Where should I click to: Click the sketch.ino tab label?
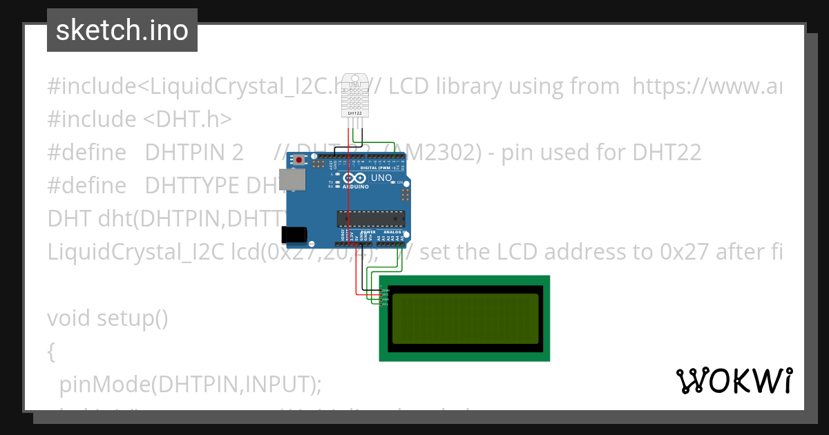click(x=122, y=30)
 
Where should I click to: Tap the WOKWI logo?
click(x=734, y=380)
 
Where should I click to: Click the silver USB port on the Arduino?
click(x=292, y=180)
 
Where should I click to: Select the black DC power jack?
click(x=295, y=234)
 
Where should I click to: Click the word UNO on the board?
click(x=381, y=178)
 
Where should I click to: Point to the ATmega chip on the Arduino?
click(x=370, y=219)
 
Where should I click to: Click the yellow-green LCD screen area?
click(x=464, y=318)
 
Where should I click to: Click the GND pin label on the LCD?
click(x=386, y=290)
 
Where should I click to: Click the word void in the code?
click(x=69, y=318)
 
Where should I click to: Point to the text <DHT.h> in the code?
click(x=187, y=119)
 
